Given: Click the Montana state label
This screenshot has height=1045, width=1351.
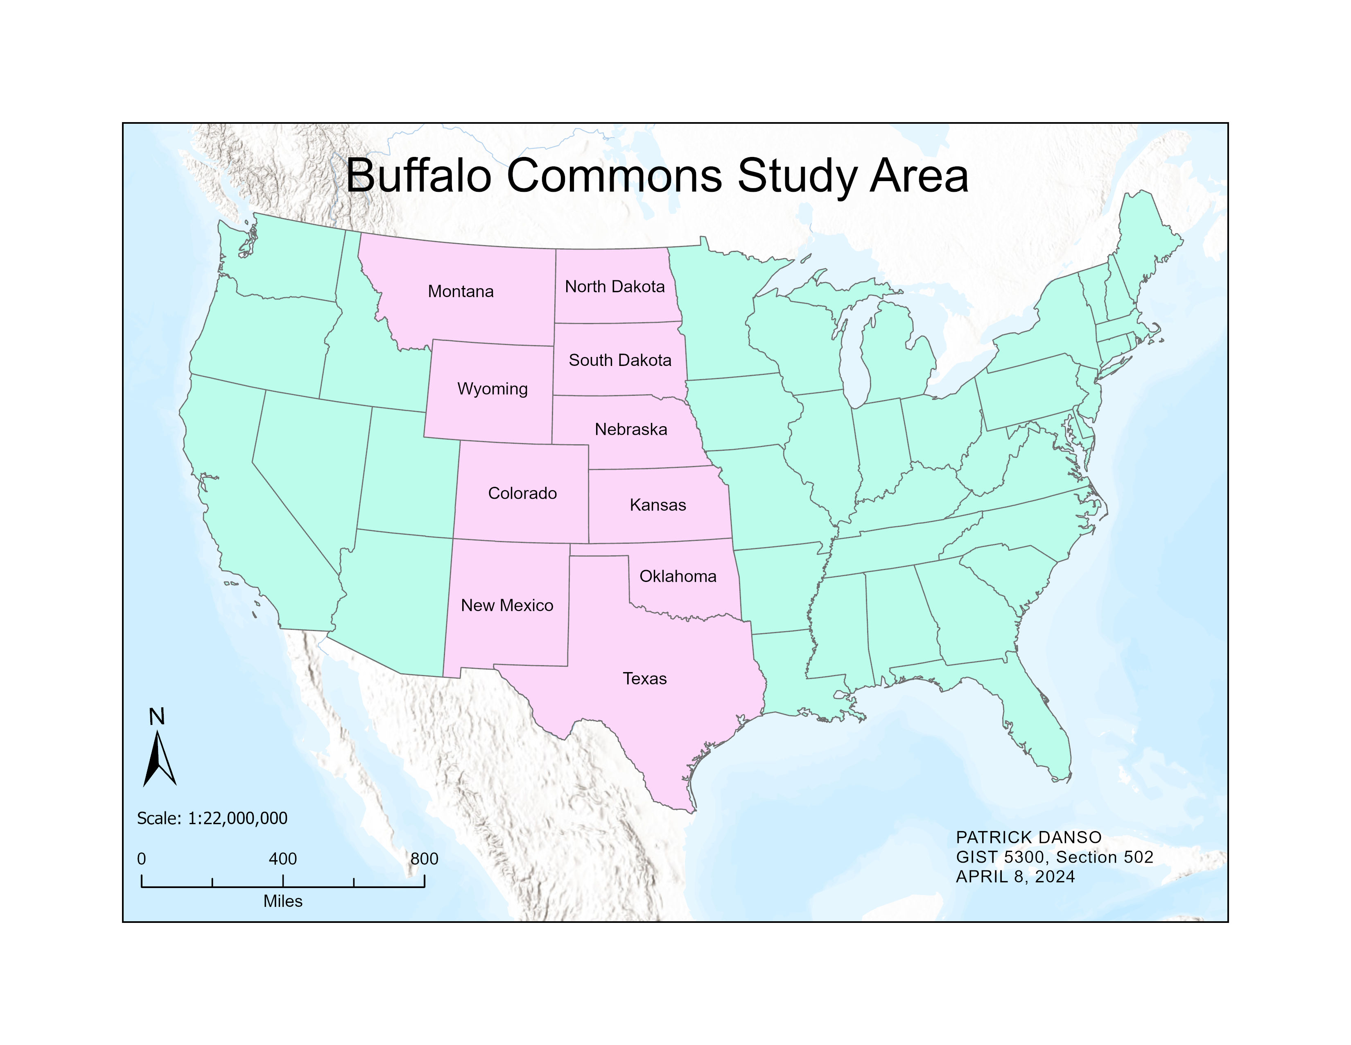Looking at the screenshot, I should (461, 292).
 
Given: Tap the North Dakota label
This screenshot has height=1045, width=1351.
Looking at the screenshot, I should (615, 286).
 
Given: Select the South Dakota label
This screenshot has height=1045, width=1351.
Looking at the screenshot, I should (620, 360).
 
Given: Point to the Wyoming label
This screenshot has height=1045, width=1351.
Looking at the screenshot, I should (493, 389).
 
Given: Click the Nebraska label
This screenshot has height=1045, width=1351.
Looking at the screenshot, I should (631, 429).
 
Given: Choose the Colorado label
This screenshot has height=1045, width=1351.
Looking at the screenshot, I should (522, 493).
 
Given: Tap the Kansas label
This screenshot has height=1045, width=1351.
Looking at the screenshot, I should (657, 505).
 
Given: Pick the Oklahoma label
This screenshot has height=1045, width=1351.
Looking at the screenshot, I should (678, 576).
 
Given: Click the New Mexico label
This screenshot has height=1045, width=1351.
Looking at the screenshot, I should (507, 605).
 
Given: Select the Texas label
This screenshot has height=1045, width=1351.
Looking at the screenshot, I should (644, 679).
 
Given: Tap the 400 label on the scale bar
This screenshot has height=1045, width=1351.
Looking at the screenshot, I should (283, 859).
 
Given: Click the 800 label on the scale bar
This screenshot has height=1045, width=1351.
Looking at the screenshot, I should (425, 859).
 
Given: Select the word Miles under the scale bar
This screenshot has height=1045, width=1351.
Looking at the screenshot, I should (283, 902).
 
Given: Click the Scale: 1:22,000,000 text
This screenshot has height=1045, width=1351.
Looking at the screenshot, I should (212, 818).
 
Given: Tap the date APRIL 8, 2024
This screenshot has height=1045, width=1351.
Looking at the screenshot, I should (1015, 877).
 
